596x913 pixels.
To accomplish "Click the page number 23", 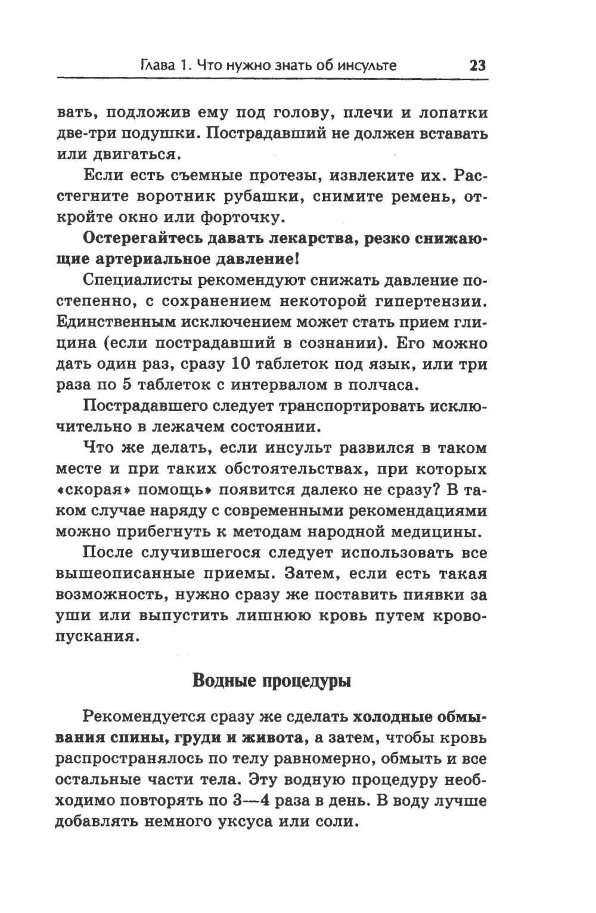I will point(478,64).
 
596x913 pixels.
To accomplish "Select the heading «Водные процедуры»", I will point(272,680).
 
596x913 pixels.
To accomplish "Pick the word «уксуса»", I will point(250,821).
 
